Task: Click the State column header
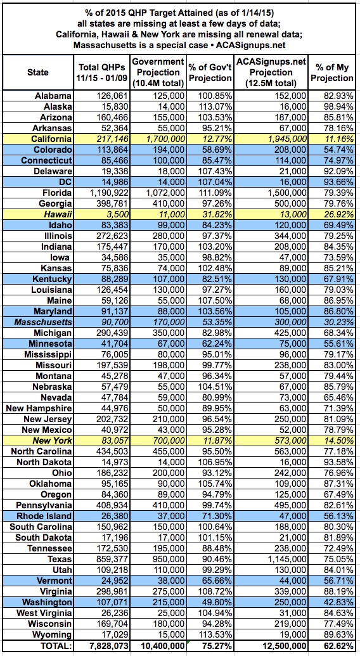(x=37, y=72)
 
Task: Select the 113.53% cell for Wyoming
(x=215, y=634)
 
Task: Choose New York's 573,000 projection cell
(x=289, y=440)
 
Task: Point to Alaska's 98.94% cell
(x=337, y=106)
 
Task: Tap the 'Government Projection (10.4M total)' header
(x=158, y=72)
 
